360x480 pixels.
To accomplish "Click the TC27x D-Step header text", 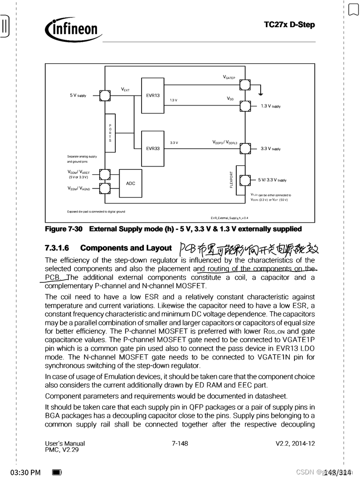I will [x=289, y=24].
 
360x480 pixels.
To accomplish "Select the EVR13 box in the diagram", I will [x=152, y=96].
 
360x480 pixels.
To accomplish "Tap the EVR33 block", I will [x=152, y=148].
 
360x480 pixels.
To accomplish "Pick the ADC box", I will [x=130, y=183].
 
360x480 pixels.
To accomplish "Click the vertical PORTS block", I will [x=110, y=133].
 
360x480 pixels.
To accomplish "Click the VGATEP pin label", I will [x=229, y=77].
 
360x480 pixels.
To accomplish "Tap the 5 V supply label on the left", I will [x=78, y=96].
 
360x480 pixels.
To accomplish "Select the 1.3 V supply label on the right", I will [x=270, y=106].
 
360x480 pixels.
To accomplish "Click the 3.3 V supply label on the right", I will [x=270, y=149].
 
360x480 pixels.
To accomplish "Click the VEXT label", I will [x=125, y=89].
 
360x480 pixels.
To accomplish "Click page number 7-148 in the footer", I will [x=180, y=443].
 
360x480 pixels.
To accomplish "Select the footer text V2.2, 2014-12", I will [x=295, y=443].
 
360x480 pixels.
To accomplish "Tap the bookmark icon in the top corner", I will [x=353, y=9].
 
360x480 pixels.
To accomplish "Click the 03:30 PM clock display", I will [x=25, y=472].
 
